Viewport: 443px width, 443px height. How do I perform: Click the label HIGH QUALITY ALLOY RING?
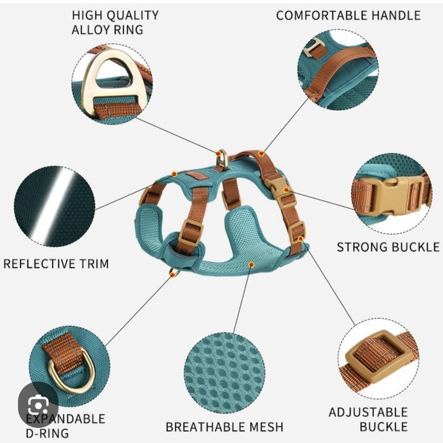(x=115, y=22)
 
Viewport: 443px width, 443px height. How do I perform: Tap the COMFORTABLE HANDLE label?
(x=348, y=15)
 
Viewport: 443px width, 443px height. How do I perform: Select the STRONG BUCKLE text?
(x=388, y=247)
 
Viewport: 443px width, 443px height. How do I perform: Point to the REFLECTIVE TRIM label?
(x=56, y=264)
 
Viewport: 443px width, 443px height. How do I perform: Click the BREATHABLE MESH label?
(x=224, y=427)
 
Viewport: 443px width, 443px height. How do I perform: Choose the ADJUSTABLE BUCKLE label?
(x=368, y=419)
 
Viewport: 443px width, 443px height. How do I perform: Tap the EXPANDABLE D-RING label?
(x=65, y=426)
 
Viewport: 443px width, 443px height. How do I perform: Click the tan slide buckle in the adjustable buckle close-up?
(x=375, y=356)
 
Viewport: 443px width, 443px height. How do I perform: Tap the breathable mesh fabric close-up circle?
(x=225, y=373)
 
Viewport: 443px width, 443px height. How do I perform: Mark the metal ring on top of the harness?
(x=222, y=159)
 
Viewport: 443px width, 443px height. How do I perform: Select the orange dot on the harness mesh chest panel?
(x=251, y=265)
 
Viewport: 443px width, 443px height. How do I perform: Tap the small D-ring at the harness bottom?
(x=174, y=273)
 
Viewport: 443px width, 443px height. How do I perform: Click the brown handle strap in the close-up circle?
(x=335, y=72)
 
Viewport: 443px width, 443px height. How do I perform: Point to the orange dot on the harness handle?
(x=261, y=154)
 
